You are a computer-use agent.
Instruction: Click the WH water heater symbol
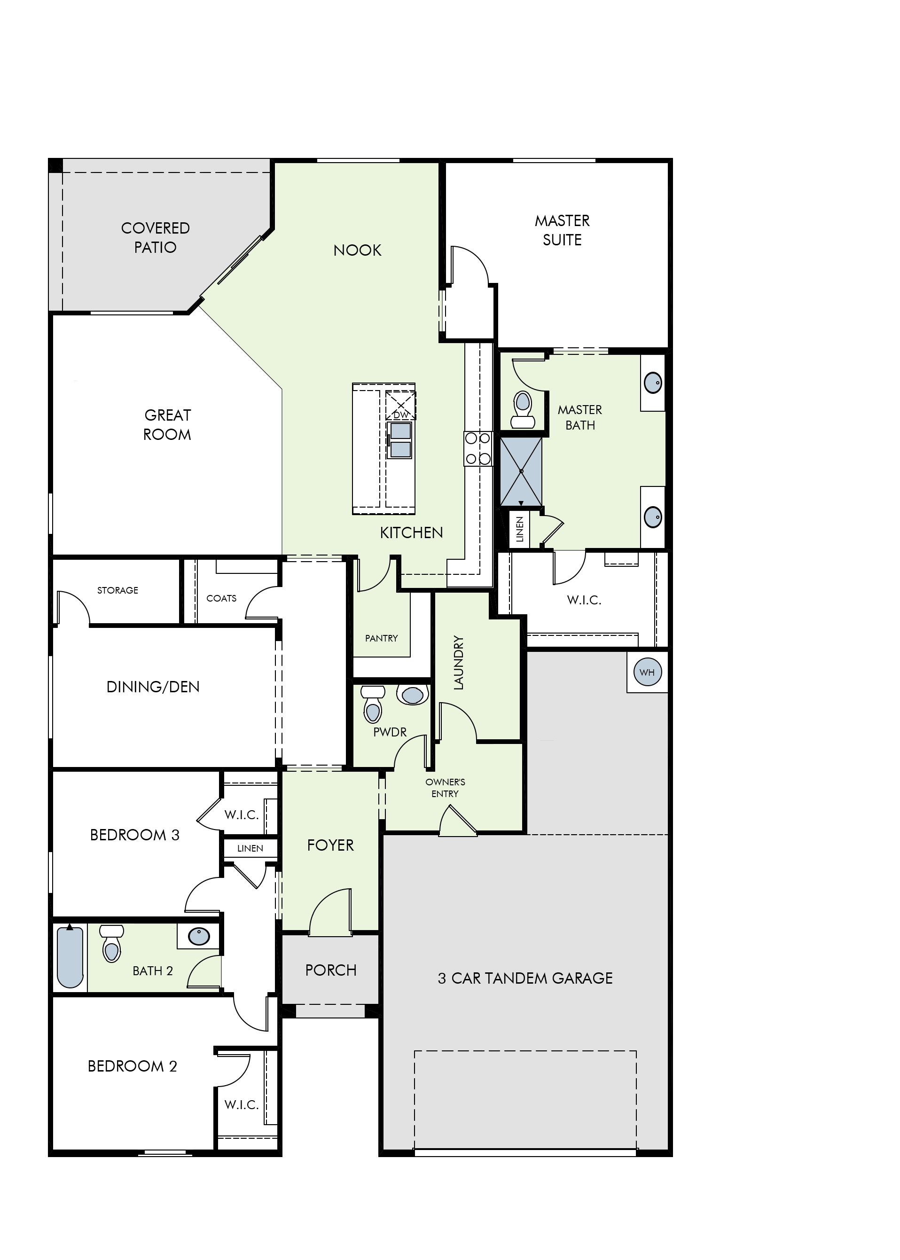point(647,672)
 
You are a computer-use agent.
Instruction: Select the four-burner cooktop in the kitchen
point(477,448)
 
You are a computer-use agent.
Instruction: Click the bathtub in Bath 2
point(70,957)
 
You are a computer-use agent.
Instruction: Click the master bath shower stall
point(521,471)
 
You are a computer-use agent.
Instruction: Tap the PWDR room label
point(390,732)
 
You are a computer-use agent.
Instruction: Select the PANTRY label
point(381,638)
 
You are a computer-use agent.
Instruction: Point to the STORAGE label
point(117,590)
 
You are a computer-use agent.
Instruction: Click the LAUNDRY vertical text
point(458,663)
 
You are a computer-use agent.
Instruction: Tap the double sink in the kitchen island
point(400,440)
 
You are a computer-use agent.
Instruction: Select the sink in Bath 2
point(199,936)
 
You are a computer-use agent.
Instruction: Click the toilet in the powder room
point(373,704)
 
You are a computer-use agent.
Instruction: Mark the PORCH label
point(331,970)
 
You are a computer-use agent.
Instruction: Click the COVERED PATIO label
point(155,237)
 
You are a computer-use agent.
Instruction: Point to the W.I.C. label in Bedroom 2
point(242,1105)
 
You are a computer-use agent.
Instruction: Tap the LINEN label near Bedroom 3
point(250,848)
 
